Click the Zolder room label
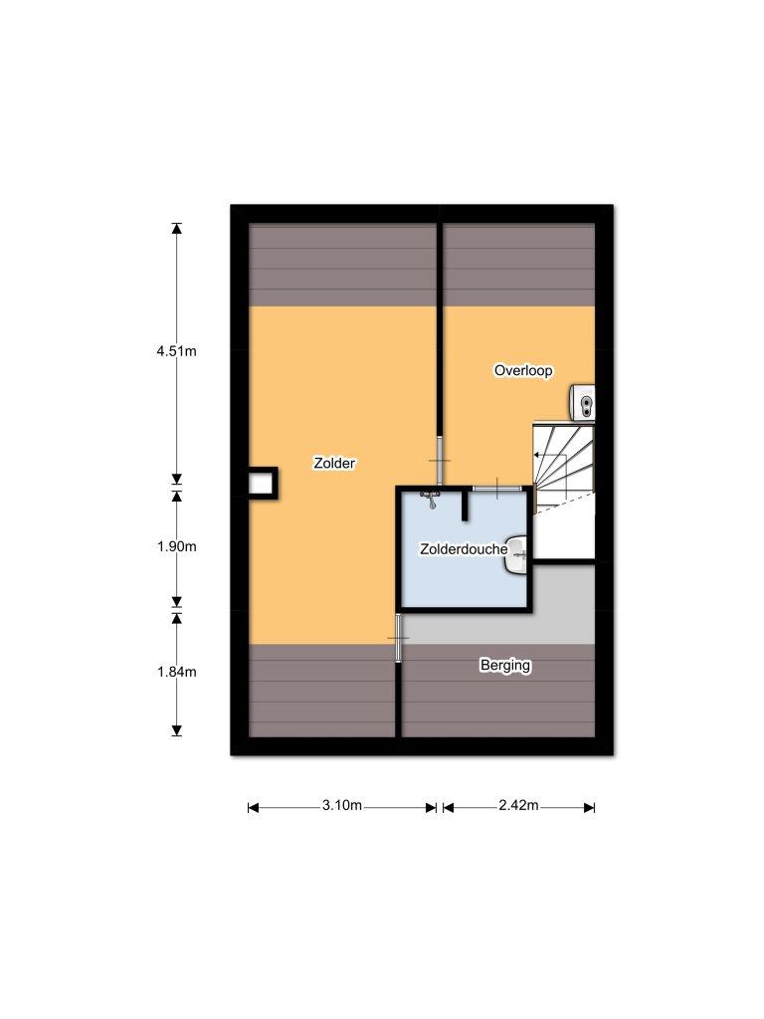click(334, 463)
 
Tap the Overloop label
click(523, 370)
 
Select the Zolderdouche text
click(465, 548)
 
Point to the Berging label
click(505, 666)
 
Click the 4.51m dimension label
click(177, 350)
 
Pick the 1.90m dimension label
click(177, 546)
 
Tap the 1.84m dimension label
click(177, 672)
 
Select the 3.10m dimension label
click(341, 806)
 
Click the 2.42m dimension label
click(518, 806)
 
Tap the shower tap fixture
click(431, 497)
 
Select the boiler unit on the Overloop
click(582, 403)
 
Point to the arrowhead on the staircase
click(538, 455)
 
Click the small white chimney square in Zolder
click(261, 484)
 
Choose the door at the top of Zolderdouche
click(495, 488)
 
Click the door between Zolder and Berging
click(398, 637)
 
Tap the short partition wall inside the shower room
click(465, 505)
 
